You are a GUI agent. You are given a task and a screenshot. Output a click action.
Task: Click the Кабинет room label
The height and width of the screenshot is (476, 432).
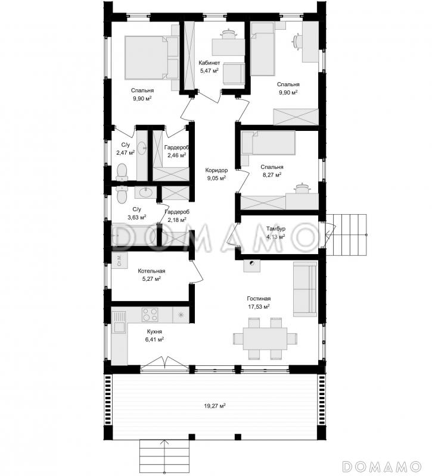[209, 63]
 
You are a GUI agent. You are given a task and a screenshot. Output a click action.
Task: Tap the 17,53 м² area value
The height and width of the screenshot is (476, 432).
[259, 306]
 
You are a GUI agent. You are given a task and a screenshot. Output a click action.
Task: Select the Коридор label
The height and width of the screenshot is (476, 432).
[216, 170]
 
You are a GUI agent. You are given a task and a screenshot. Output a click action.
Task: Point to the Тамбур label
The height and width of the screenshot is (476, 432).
[276, 228]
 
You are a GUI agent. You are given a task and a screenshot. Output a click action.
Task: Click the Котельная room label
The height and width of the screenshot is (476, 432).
[151, 271]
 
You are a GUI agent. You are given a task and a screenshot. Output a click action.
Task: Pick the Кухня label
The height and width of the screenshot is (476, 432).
[154, 331]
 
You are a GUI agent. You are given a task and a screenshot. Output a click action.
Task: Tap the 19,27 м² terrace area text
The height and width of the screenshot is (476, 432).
[215, 406]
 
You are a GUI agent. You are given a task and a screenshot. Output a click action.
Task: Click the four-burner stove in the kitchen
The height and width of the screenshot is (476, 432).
[150, 315]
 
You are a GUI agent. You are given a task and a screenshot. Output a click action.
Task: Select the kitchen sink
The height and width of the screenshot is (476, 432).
[119, 322]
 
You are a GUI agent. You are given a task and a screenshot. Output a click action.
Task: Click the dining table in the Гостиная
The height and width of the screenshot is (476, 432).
[265, 339]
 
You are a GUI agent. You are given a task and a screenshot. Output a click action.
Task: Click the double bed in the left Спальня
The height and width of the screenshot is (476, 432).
[151, 58]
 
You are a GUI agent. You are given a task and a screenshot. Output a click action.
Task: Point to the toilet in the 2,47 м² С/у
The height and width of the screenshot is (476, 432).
[122, 172]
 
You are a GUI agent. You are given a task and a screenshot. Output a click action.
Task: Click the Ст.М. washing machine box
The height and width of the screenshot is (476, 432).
[120, 260]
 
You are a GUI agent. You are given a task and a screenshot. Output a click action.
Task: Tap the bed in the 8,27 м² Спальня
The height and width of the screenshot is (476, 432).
[268, 143]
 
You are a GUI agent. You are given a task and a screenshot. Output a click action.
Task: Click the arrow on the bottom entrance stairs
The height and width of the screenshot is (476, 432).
[164, 457]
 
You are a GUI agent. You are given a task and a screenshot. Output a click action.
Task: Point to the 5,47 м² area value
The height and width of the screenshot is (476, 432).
[209, 71]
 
